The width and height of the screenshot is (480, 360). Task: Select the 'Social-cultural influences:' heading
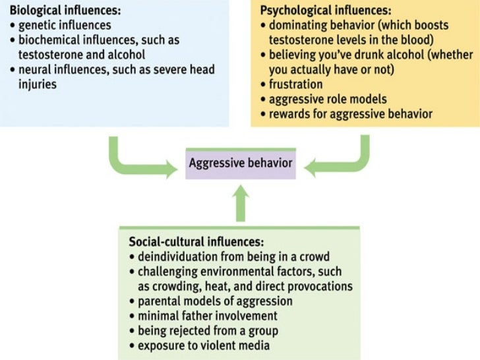click(189, 242)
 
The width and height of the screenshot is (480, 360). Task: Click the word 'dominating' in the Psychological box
click(297, 26)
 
